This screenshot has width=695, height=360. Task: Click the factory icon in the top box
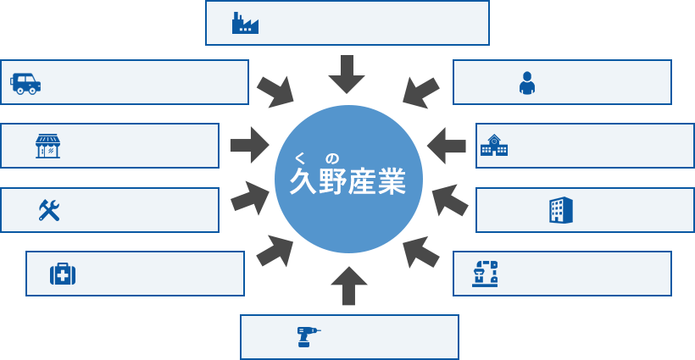pos(244,23)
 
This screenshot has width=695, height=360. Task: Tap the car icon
pos(25,83)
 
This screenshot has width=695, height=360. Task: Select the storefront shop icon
pos(47,147)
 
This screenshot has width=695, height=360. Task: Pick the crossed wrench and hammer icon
pos(49,210)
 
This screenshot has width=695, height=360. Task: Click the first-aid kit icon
pos(63,274)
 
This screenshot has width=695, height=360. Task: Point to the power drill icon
pos(308,336)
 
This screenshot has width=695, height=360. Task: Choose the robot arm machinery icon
pos(485,273)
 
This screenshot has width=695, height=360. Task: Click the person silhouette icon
pos(527,82)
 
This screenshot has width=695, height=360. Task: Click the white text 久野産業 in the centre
pos(347,182)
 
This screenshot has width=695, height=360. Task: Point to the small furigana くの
pos(317,157)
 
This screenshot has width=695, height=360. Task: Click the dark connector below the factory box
pos(346,76)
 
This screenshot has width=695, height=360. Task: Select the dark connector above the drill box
pos(347,283)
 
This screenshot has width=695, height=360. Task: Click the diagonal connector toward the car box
pos(275,90)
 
